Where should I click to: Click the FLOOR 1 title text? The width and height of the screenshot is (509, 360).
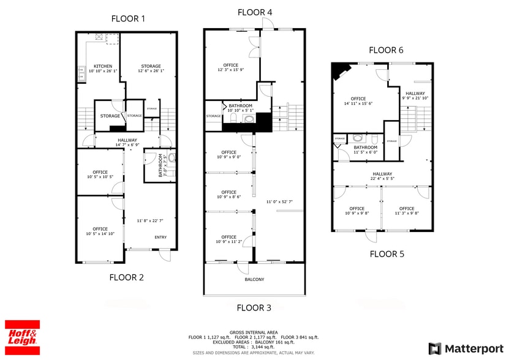coord(128,18)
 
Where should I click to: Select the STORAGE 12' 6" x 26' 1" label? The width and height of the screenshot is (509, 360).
coord(151,69)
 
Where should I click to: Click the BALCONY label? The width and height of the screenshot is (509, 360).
coord(254,280)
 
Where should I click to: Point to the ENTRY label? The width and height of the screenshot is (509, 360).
coord(160,238)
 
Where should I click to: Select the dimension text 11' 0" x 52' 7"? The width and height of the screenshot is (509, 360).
coord(279,201)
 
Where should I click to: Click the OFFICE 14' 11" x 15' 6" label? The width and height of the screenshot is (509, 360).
coord(358,101)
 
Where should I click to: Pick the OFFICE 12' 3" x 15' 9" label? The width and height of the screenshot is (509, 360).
coord(230,68)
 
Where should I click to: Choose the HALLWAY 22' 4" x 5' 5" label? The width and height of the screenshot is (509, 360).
coord(382,176)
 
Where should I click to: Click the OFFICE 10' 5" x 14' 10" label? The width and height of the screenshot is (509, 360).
coord(100,231)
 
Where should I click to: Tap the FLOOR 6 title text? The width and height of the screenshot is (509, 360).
coord(385,50)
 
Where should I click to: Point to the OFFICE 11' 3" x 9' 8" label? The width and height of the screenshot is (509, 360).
coord(407,211)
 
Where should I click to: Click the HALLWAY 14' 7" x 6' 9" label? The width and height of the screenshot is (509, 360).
coord(127,143)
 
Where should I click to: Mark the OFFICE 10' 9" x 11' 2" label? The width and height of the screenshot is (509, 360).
coord(228,239)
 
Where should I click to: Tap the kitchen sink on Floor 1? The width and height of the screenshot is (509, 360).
coord(81,75)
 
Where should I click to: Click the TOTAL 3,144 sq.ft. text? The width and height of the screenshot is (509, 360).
coord(254,347)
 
